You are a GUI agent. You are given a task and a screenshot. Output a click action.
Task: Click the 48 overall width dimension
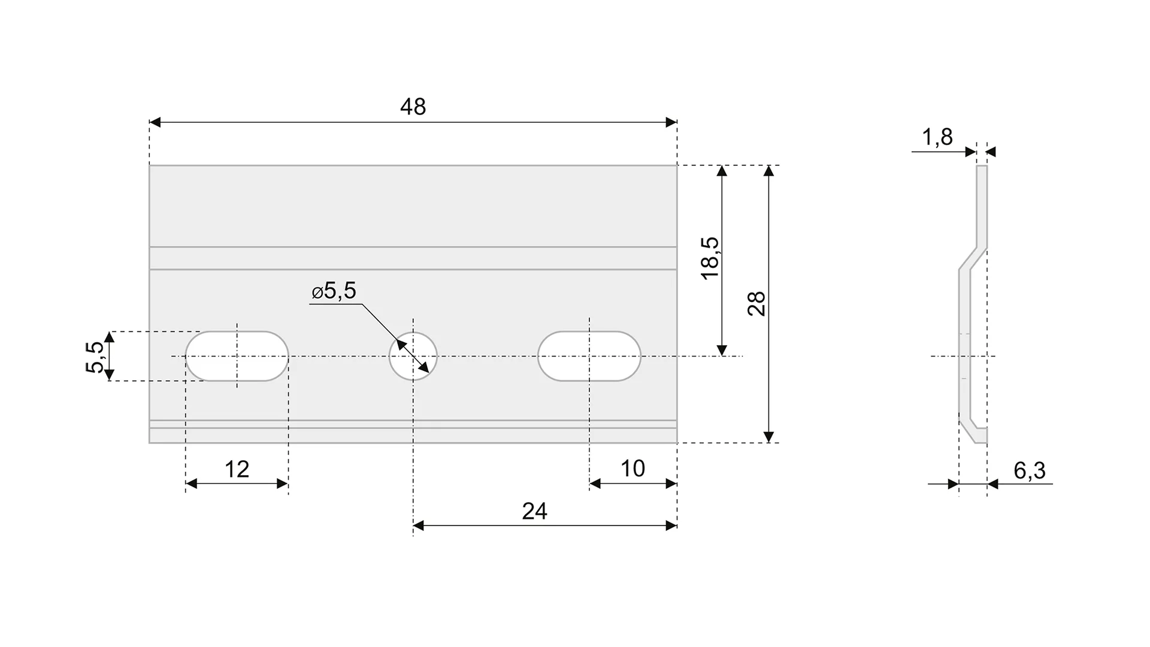(x=413, y=107)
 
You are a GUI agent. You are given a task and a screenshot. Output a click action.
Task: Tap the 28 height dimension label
(x=757, y=304)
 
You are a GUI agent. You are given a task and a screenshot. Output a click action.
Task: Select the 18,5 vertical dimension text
(x=710, y=258)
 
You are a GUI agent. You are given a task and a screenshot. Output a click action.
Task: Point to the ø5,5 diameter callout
(x=334, y=291)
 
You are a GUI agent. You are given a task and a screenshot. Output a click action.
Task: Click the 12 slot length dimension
(x=237, y=469)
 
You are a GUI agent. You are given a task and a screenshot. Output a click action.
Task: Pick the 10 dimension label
(x=632, y=468)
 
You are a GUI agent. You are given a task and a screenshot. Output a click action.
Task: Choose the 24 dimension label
(x=534, y=511)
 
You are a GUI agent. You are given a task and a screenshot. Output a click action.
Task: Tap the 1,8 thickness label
(x=937, y=137)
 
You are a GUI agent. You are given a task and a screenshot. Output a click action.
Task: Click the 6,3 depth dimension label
(x=1030, y=471)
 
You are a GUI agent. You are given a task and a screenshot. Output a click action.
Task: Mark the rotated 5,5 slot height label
(x=95, y=356)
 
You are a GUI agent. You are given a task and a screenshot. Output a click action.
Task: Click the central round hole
(x=413, y=356)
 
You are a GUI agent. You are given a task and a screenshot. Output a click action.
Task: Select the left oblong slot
(x=237, y=356)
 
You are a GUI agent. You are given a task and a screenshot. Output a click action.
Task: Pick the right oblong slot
(x=589, y=356)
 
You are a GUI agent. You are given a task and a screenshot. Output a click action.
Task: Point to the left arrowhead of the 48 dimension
(x=155, y=122)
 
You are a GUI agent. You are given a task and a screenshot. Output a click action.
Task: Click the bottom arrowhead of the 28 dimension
(x=769, y=437)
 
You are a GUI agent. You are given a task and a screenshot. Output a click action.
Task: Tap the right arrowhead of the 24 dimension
(x=671, y=525)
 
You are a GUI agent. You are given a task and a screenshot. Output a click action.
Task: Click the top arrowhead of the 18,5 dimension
(x=722, y=171)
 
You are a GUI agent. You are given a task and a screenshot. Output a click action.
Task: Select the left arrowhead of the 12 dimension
(x=192, y=483)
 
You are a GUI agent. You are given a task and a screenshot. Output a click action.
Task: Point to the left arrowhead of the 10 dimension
(x=595, y=483)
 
